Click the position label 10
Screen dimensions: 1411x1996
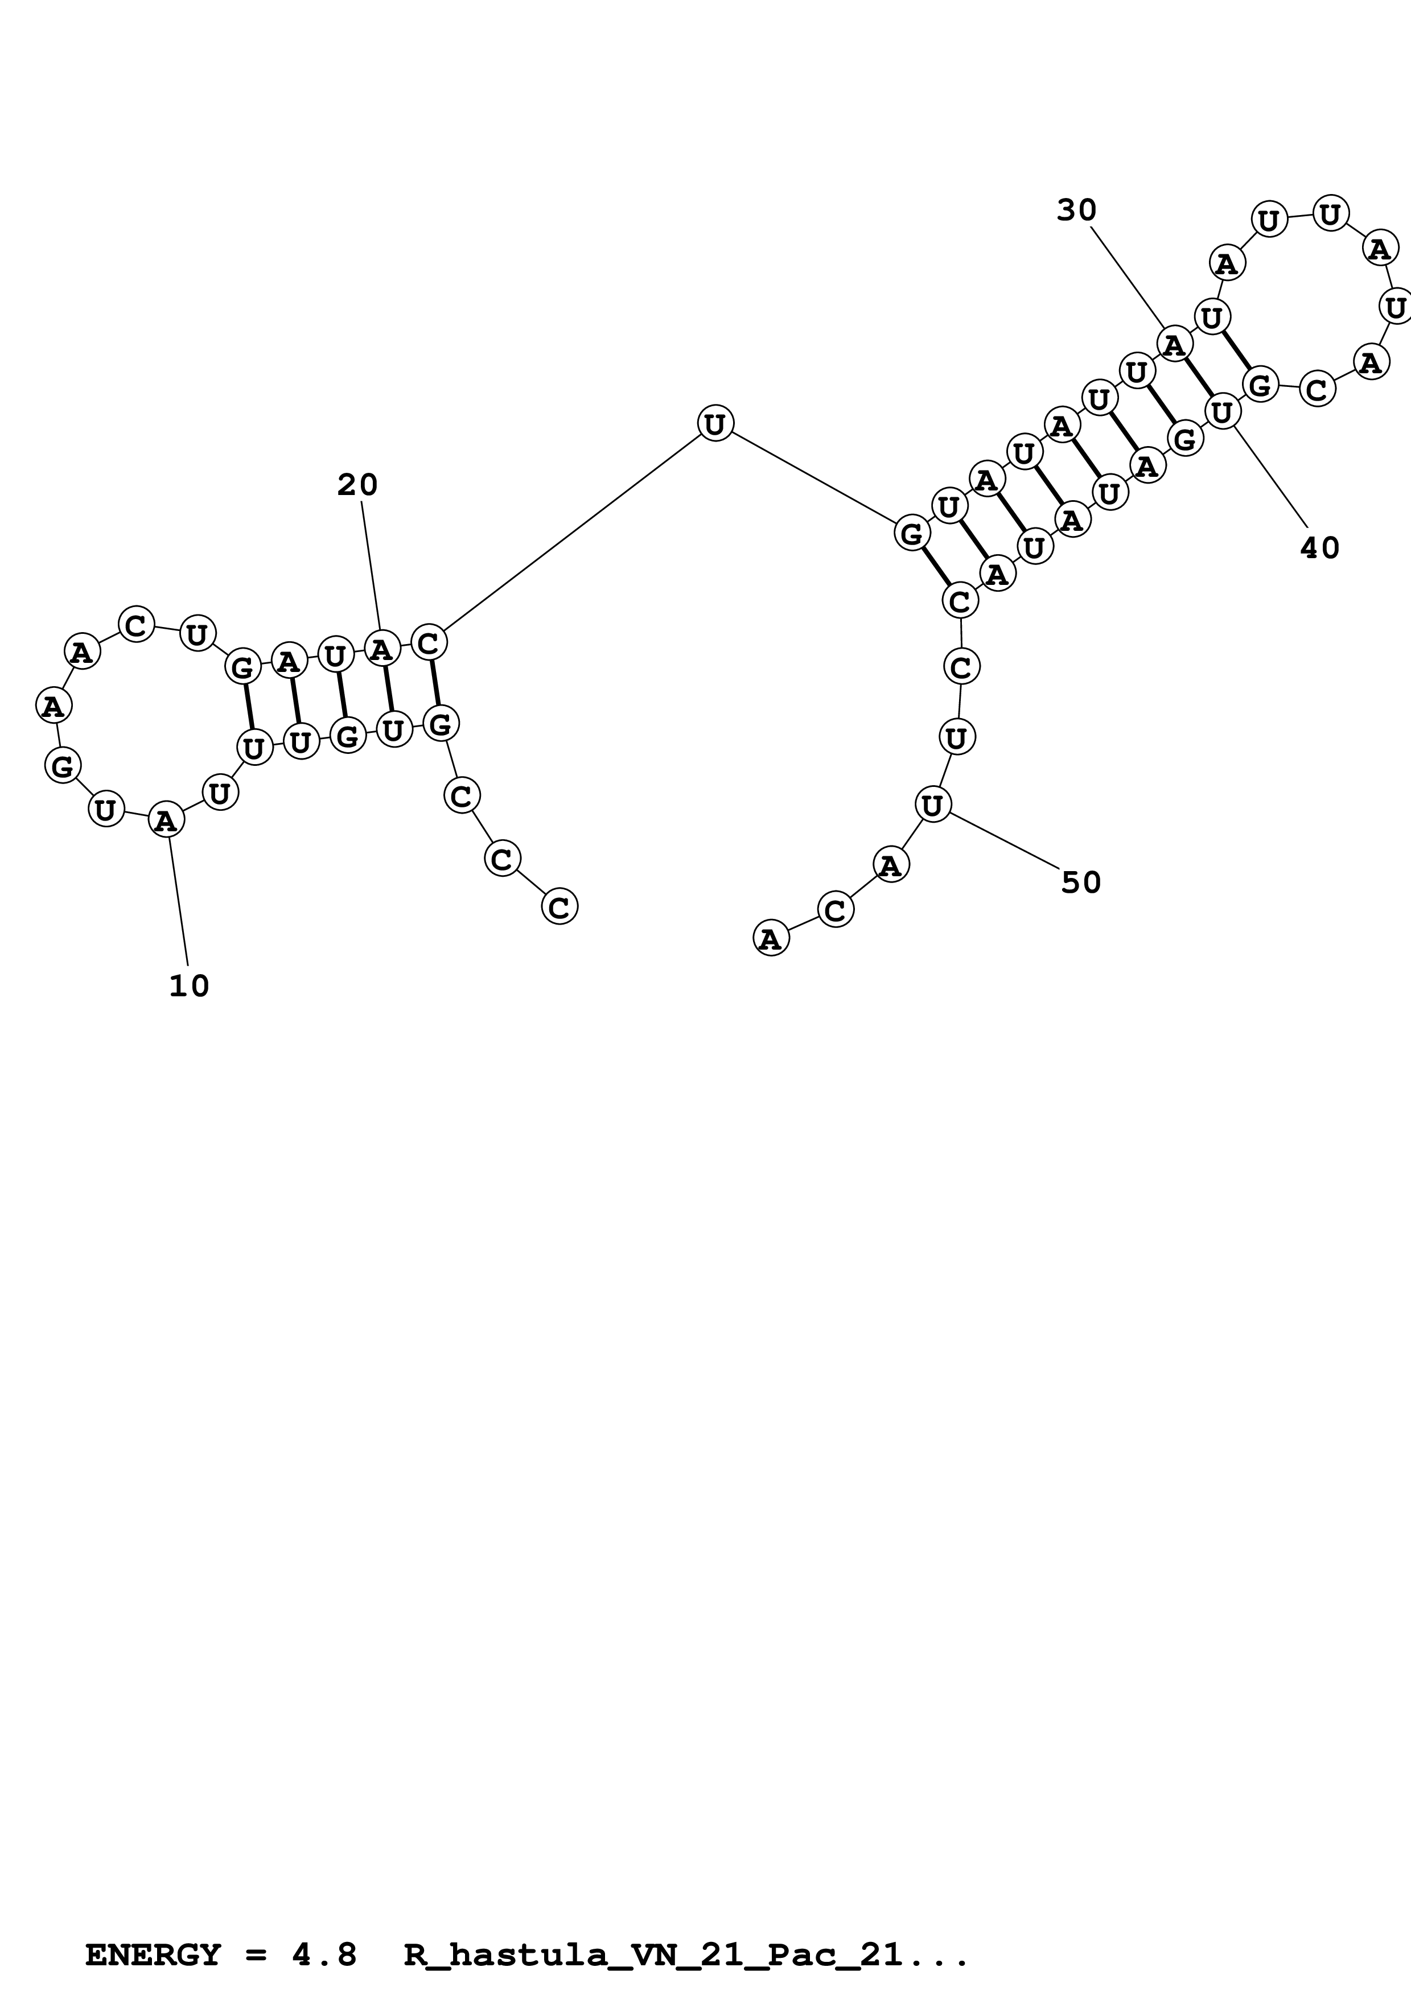pyautogui.click(x=188, y=986)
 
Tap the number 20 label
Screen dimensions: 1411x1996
pyautogui.click(x=357, y=485)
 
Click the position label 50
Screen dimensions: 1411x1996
pyautogui.click(x=1081, y=882)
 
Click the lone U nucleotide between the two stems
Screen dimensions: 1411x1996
pyautogui.click(x=715, y=423)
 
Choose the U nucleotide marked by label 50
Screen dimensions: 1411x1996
pyautogui.click(x=932, y=805)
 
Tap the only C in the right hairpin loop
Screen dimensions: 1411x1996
pyautogui.click(x=1317, y=389)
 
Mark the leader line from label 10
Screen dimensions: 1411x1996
pyautogui.click(x=178, y=900)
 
